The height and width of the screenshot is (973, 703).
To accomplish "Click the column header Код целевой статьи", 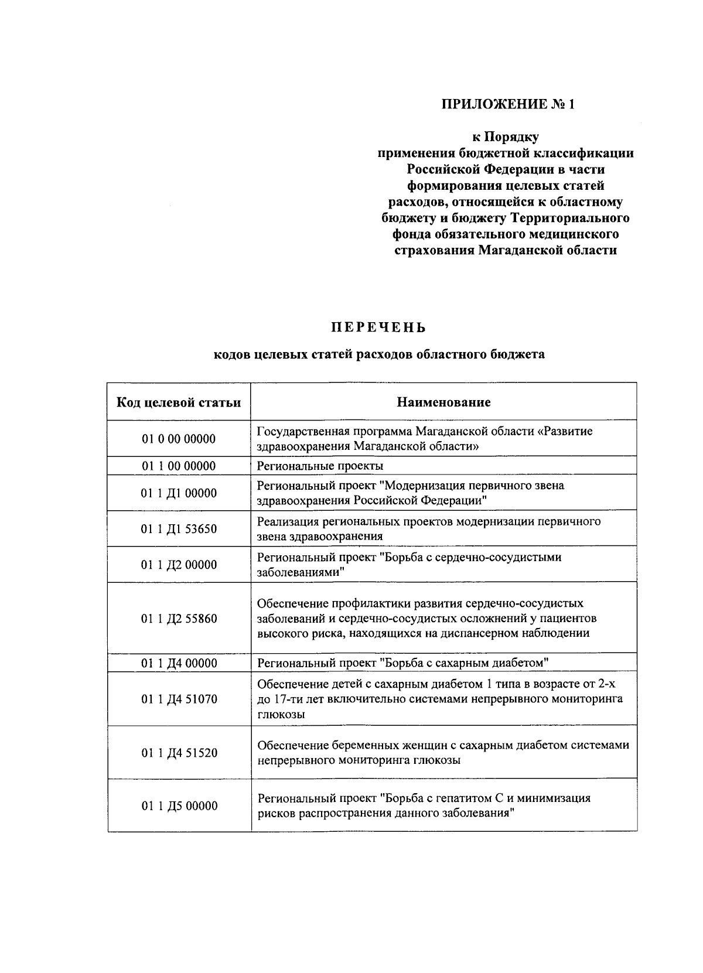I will click(x=179, y=402).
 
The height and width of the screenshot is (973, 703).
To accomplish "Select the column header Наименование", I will click(x=443, y=402).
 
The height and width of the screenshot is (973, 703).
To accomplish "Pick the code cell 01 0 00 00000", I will click(x=179, y=439).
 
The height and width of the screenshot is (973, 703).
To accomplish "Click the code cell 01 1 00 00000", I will click(x=179, y=466).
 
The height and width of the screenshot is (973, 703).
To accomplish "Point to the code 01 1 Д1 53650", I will click(x=179, y=529).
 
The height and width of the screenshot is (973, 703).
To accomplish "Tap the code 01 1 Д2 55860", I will click(x=179, y=619).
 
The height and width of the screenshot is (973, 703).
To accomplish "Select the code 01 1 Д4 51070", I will click(x=179, y=699).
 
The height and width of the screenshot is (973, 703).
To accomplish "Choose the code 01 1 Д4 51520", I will click(x=179, y=753).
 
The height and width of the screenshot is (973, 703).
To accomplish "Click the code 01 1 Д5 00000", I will click(x=179, y=805).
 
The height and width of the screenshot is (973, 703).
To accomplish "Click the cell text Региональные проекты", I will click(x=320, y=466).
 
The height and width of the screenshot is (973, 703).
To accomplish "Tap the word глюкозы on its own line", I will click(x=281, y=715).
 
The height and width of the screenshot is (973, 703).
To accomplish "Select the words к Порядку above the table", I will click(x=506, y=137).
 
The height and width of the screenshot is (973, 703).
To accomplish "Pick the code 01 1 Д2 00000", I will click(x=179, y=565).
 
